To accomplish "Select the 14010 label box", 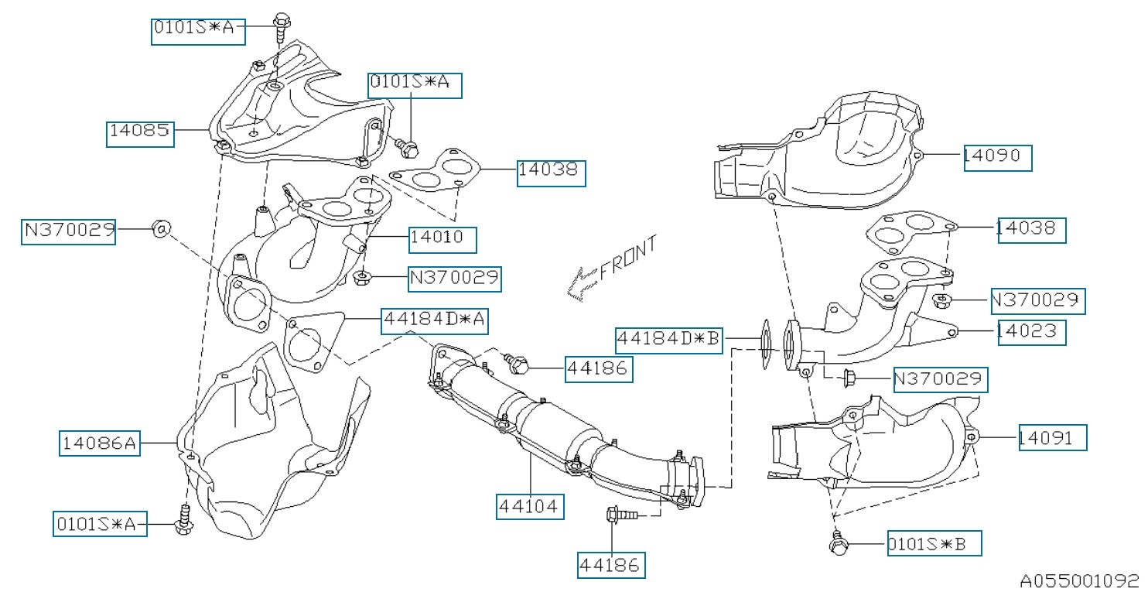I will tap(442, 238).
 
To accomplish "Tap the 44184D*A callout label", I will tap(434, 319).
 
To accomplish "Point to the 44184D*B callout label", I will tap(670, 340).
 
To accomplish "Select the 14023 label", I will tap(1031, 331).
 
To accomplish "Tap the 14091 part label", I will tap(1052, 437).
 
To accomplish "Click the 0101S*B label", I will tap(934, 544).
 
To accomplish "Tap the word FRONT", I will tap(628, 257).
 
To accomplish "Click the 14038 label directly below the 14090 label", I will tap(1031, 230).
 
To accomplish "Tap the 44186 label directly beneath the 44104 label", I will tap(611, 566).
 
